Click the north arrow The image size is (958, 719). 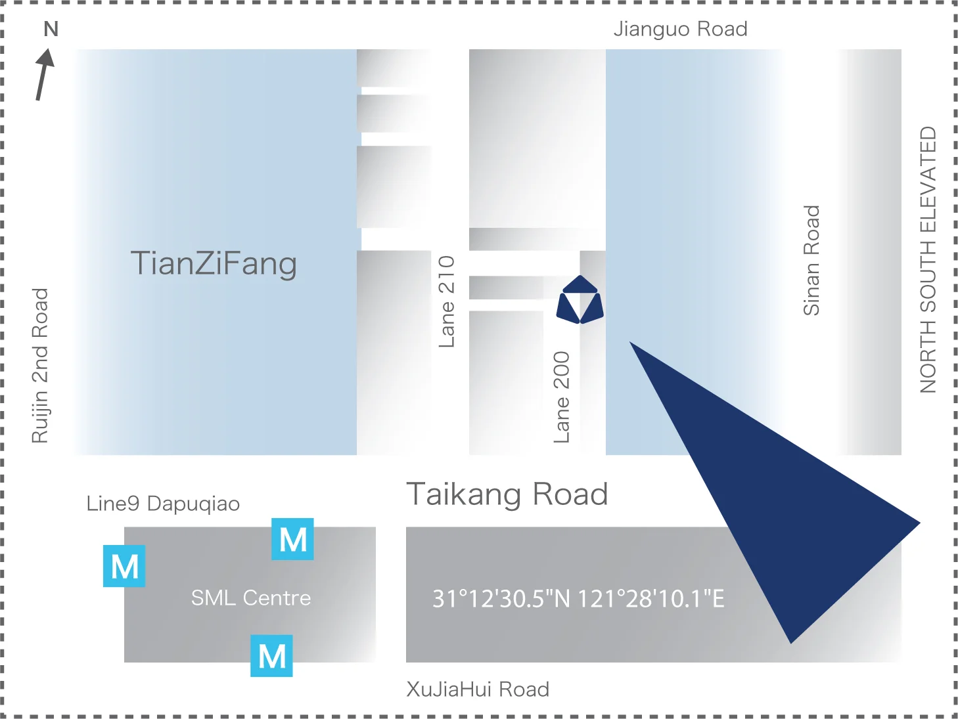(43, 75)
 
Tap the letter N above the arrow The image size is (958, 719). (51, 30)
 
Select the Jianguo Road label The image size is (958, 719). (680, 30)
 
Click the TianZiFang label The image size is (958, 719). (214, 264)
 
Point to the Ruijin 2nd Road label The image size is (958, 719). (41, 366)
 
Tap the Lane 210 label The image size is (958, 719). (447, 301)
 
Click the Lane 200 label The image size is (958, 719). (562, 397)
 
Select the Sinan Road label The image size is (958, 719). (812, 261)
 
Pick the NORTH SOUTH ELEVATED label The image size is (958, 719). (928, 260)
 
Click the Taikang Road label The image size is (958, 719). (507, 494)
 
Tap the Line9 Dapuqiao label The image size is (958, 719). (163, 504)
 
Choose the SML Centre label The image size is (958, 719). (251, 598)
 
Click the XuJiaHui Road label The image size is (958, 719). (478, 689)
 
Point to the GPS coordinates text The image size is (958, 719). (578, 599)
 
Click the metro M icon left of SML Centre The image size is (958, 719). (124, 566)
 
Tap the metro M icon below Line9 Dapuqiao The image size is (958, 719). (292, 539)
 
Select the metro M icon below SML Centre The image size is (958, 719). (271, 655)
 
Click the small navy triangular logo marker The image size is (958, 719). (580, 300)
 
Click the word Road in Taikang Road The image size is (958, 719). (570, 494)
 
